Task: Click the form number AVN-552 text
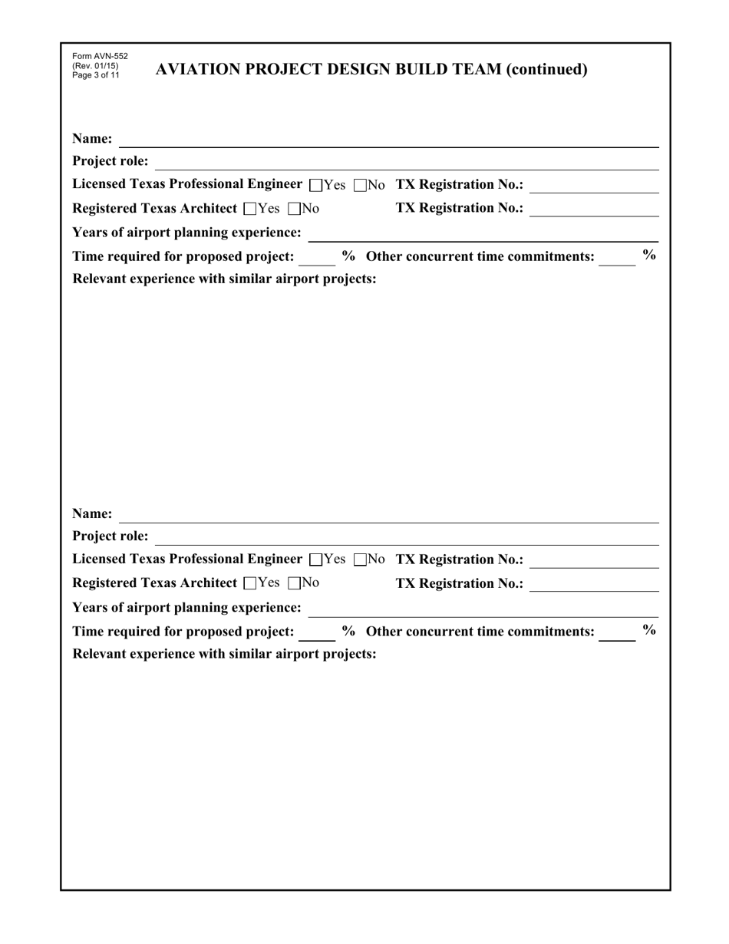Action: (100, 57)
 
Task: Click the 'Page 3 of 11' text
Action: (96, 75)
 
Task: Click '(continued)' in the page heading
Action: (547, 70)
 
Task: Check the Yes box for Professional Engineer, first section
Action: (315, 186)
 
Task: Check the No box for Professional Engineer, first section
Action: (360, 186)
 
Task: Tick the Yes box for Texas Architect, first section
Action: (249, 209)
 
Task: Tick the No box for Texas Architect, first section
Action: (295, 209)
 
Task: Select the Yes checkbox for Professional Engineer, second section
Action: (315, 560)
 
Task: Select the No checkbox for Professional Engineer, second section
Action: (360, 560)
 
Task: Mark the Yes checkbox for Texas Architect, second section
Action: (249, 583)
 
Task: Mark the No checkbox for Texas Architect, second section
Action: (295, 583)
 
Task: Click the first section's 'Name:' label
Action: (92, 139)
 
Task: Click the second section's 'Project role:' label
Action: (111, 536)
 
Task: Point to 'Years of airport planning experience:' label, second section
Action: (186, 608)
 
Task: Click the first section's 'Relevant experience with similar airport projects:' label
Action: (224, 279)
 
